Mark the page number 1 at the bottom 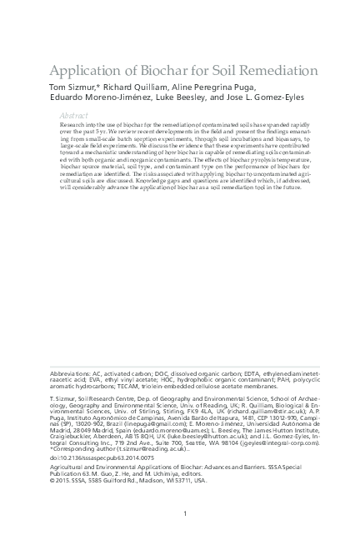point(184,516)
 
